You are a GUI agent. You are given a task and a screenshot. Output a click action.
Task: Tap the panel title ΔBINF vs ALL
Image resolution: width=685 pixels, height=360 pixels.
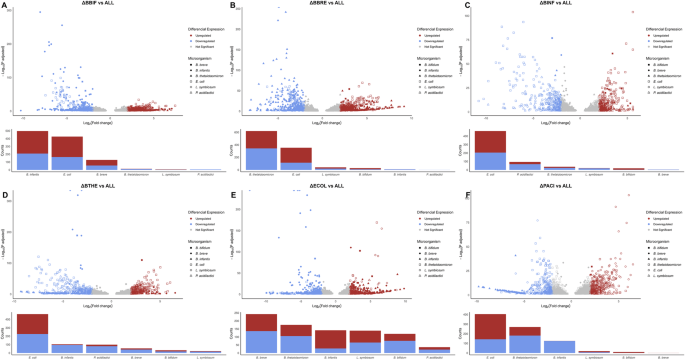pos(549,5)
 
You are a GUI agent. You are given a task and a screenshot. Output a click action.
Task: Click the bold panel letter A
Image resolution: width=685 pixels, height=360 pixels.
pos(5,6)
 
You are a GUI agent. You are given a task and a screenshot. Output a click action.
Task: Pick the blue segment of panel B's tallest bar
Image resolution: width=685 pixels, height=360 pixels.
pos(261,159)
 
